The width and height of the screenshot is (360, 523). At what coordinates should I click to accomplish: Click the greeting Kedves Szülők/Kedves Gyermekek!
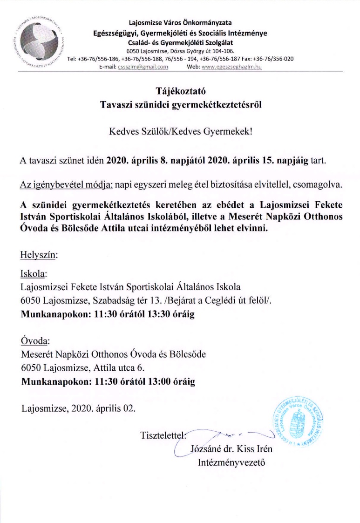tap(180, 131)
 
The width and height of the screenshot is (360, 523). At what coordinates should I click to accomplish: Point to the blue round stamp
tap(298, 420)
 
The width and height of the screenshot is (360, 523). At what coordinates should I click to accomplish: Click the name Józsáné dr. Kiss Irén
tap(232, 450)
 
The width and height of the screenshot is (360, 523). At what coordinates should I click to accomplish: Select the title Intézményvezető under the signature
tap(231, 463)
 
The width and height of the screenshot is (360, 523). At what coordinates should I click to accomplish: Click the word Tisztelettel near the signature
tap(163, 436)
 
